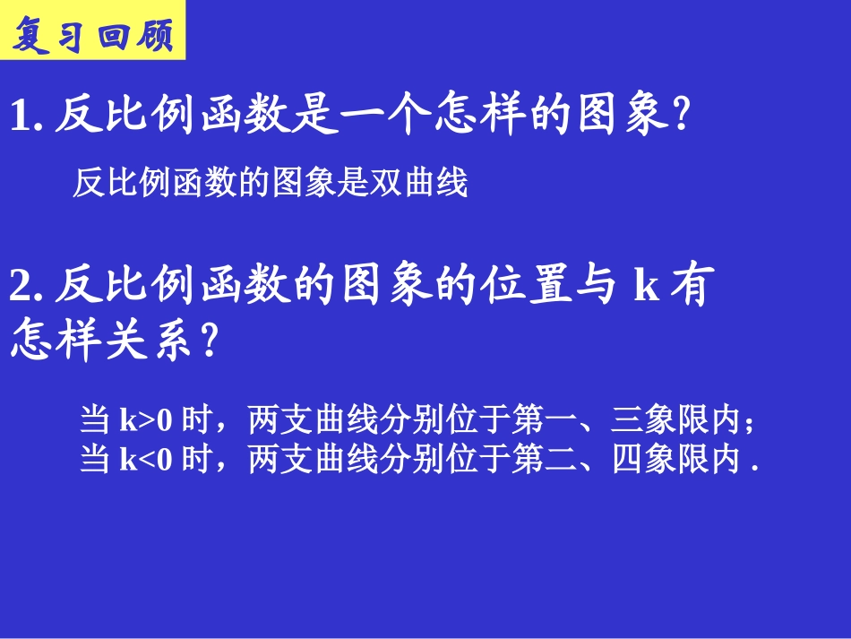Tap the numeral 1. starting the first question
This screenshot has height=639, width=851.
[25, 117]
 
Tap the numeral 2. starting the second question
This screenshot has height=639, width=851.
[25, 288]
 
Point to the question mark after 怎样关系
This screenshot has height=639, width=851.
[208, 342]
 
